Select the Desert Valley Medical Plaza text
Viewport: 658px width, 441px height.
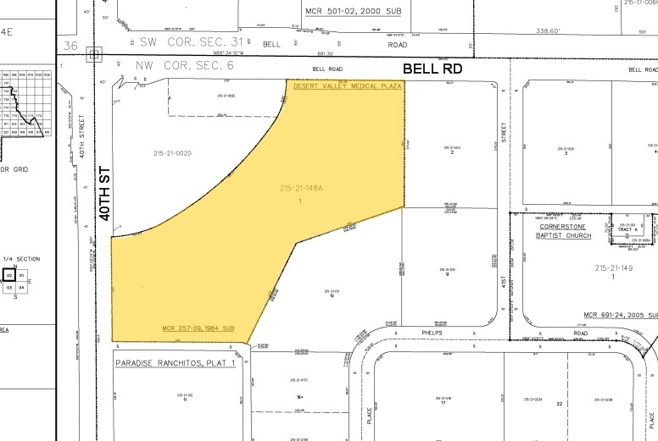click(x=346, y=86)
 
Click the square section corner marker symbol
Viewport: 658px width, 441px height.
click(x=95, y=54)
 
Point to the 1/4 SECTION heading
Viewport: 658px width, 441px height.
click(x=15, y=259)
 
